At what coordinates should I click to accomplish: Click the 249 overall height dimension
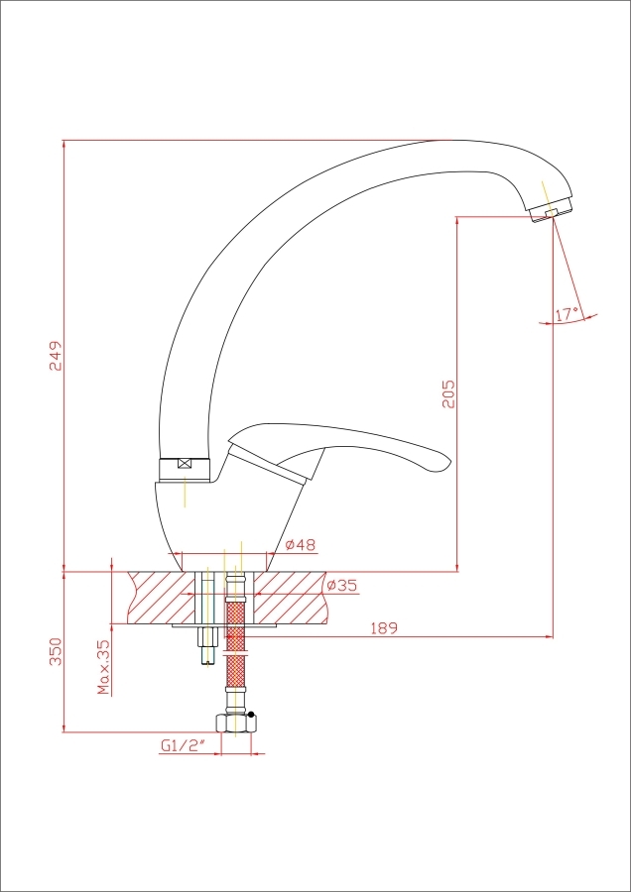click(x=56, y=356)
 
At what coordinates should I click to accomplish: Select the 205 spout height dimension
click(x=448, y=393)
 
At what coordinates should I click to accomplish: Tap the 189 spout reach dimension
click(x=384, y=628)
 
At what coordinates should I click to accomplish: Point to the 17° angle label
click(x=568, y=313)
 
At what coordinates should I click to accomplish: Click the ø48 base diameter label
click(x=301, y=544)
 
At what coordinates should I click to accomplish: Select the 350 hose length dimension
click(x=56, y=652)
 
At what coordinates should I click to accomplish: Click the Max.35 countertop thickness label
click(x=103, y=667)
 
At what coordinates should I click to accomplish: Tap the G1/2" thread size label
click(x=183, y=745)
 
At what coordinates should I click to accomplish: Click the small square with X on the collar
click(x=185, y=463)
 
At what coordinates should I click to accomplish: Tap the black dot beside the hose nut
click(x=251, y=714)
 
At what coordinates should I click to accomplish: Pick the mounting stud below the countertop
click(x=206, y=645)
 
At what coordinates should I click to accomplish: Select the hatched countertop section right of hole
click(x=291, y=598)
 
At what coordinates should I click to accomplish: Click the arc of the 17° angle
click(x=568, y=321)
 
